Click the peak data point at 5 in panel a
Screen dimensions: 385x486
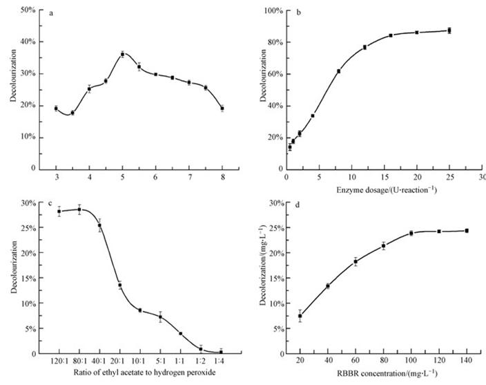click(x=122, y=54)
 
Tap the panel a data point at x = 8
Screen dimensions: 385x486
click(x=222, y=108)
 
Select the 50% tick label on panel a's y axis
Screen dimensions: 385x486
click(x=29, y=10)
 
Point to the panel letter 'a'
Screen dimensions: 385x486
click(x=61, y=12)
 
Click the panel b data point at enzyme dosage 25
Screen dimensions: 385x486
click(x=449, y=30)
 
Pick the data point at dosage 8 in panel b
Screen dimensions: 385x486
click(x=338, y=71)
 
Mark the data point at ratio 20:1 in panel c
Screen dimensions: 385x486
click(x=119, y=285)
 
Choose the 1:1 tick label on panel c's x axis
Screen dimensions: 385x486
click(x=180, y=361)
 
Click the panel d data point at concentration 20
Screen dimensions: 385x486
click(x=300, y=316)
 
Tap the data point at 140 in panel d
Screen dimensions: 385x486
click(x=467, y=230)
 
